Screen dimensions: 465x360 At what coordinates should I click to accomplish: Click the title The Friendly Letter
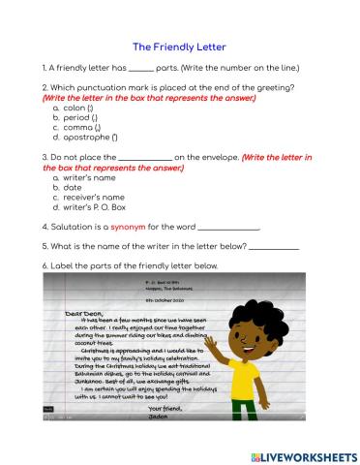[x=179, y=46]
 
